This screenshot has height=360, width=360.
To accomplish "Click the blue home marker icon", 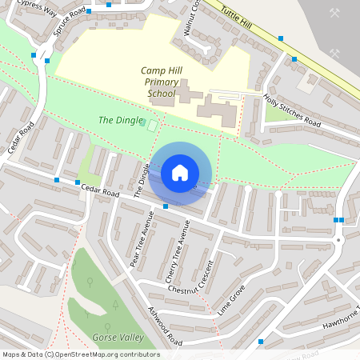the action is coord(180,172).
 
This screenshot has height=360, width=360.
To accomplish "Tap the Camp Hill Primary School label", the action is coord(161,82).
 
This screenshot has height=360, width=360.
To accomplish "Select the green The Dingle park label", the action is coord(116,120).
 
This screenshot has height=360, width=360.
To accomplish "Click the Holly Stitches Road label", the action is coord(292,111).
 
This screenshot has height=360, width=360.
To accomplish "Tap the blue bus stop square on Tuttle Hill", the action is coord(281,38).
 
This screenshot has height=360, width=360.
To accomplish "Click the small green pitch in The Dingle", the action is coord(151,123).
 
